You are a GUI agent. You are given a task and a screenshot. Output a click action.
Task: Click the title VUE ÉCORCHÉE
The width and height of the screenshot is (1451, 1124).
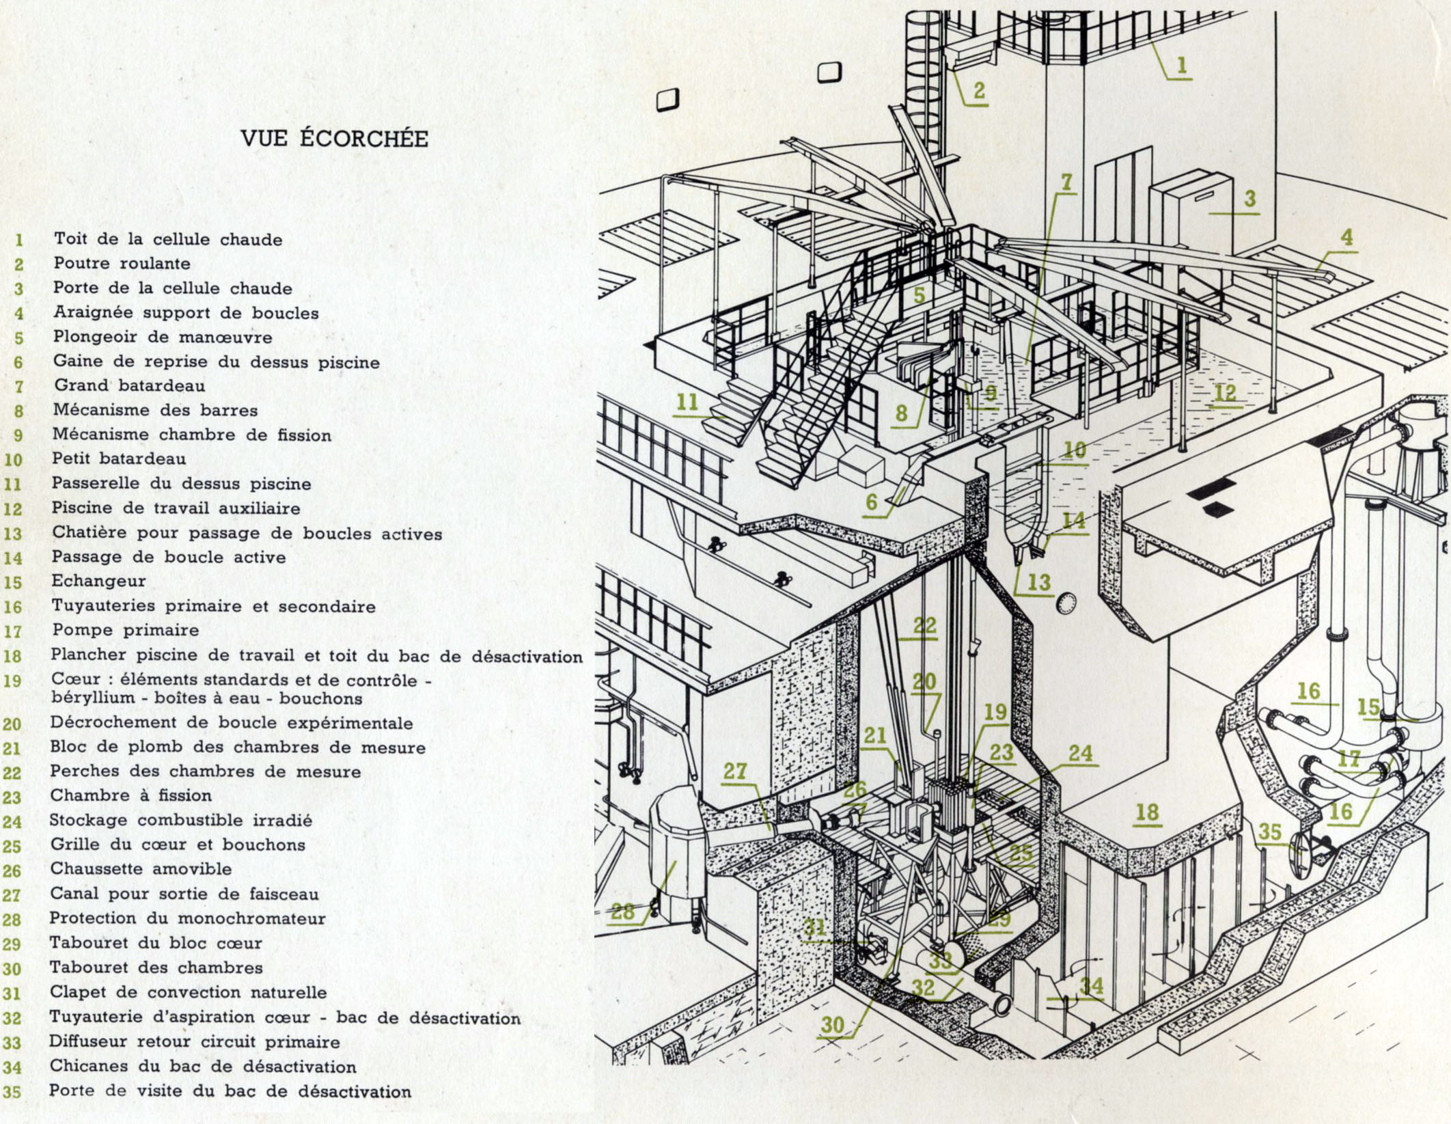click(x=334, y=139)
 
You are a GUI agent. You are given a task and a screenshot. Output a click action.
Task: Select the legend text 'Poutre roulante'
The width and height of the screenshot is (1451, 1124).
click(x=122, y=264)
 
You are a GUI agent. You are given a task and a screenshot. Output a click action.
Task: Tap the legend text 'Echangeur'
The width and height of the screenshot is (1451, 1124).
click(x=99, y=581)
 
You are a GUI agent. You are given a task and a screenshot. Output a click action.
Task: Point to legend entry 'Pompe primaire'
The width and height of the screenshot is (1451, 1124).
click(x=126, y=630)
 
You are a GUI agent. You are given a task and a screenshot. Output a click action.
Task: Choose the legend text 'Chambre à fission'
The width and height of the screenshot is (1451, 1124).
click(x=130, y=795)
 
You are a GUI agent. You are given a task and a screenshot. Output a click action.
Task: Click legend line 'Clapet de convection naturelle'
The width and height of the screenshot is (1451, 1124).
click(x=188, y=992)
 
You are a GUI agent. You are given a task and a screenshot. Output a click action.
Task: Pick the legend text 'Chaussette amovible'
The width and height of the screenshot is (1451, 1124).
click(x=141, y=869)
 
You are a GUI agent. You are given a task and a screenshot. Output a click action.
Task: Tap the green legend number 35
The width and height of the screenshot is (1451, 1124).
click(x=12, y=1092)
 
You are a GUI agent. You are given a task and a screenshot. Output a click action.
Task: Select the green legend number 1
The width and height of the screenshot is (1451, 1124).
click(x=18, y=240)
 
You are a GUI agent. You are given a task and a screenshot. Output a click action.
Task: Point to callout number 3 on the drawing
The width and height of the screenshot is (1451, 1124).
click(x=1249, y=199)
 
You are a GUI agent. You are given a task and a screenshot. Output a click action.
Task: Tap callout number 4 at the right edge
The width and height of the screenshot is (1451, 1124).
click(x=1346, y=238)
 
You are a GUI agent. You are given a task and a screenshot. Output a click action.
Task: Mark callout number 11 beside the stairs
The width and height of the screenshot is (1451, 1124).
click(x=687, y=402)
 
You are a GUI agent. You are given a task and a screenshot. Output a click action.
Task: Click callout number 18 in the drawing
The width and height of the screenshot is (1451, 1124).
click(x=1147, y=812)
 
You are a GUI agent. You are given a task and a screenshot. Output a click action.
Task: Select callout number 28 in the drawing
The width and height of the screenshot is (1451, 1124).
click(x=622, y=911)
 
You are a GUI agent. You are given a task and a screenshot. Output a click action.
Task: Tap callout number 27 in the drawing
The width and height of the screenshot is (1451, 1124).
click(x=735, y=771)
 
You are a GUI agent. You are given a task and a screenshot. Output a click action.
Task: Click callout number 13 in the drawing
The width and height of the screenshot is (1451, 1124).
click(x=1039, y=582)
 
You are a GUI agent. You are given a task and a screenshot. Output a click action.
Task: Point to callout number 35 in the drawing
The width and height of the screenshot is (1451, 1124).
click(x=1270, y=832)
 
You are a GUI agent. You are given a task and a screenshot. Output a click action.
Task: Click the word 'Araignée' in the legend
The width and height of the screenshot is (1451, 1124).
click(x=85, y=313)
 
